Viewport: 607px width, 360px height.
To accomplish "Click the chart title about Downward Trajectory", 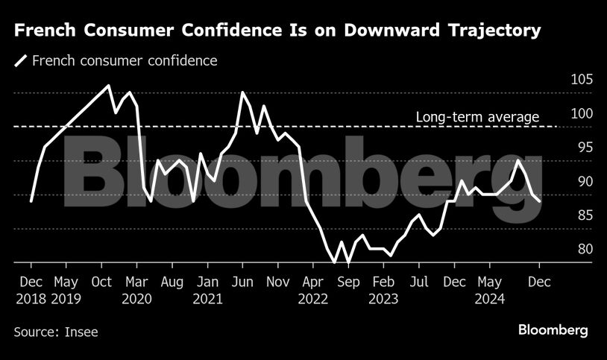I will click(277, 31).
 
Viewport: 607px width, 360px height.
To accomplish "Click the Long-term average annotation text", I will click(477, 117).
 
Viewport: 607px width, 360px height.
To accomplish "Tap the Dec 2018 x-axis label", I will click(31, 291).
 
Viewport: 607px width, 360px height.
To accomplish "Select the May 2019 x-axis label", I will click(66, 291).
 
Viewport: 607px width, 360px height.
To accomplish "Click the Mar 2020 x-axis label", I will click(137, 291).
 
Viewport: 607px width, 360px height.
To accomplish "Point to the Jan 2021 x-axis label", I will click(207, 291).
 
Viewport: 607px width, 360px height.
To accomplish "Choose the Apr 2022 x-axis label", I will click(313, 291).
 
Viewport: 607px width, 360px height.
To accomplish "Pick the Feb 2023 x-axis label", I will click(383, 291).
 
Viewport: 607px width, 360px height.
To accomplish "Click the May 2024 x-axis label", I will click(489, 291).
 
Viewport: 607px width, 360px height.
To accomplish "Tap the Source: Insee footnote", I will click(56, 332).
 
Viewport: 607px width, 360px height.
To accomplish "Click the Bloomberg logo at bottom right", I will click(553, 329).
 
